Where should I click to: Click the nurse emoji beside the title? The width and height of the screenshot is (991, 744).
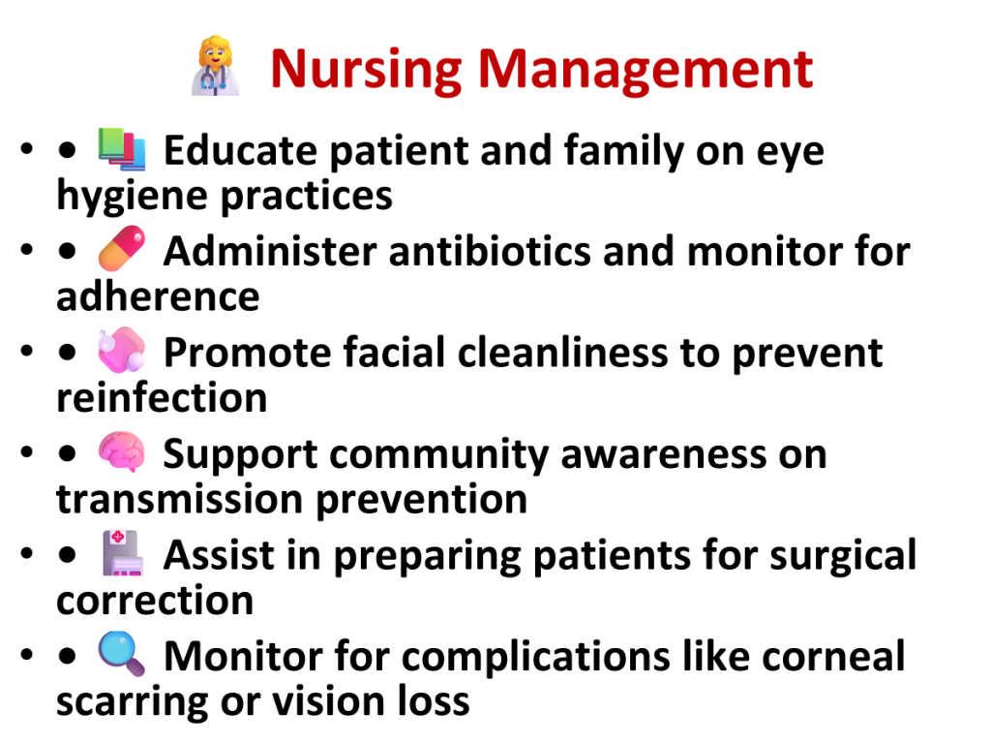tap(216, 66)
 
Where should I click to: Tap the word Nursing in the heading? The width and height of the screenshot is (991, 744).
tap(367, 71)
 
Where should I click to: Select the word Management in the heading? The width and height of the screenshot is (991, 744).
tap(646, 71)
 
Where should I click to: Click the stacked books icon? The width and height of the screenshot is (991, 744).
tap(122, 149)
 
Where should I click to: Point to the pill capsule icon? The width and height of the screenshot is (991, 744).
tap(122, 249)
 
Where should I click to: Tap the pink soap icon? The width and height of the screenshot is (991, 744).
tap(122, 349)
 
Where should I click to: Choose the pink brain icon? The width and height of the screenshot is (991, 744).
tap(122, 451)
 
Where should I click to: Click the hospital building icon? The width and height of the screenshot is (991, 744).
tap(123, 553)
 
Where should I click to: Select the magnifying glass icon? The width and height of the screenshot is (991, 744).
tap(122, 654)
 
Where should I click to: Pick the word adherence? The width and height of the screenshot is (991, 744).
tap(158, 296)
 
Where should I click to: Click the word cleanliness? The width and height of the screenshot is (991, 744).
tap(562, 353)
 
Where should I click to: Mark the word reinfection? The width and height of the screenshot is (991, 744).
tap(162, 398)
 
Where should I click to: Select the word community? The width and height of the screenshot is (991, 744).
tap(438, 455)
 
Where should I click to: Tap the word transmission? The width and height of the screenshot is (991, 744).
tap(180, 499)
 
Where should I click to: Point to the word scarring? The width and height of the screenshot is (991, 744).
tap(133, 703)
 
